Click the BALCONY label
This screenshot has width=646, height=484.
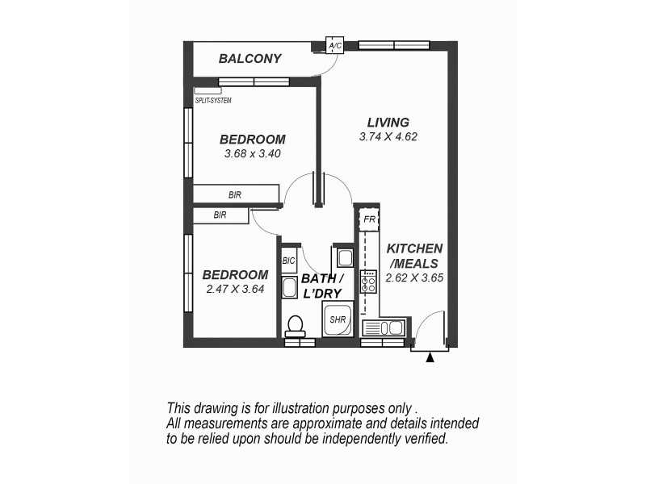[250, 58]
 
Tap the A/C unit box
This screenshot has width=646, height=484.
[335, 46]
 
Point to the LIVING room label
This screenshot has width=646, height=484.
[388, 122]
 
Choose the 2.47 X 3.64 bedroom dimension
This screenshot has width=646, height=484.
[234, 289]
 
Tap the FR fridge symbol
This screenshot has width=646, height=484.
[369, 219]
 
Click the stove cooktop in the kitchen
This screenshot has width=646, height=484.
[368, 282]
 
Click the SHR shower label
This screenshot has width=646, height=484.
[337, 319]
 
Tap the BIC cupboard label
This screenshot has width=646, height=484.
[288, 261]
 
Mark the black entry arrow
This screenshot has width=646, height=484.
[430, 357]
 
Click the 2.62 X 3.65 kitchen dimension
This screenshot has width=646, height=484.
[416, 277]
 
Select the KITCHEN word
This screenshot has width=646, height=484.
[414, 248]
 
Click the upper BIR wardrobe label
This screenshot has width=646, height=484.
[235, 194]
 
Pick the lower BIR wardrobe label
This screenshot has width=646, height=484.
[220, 215]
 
